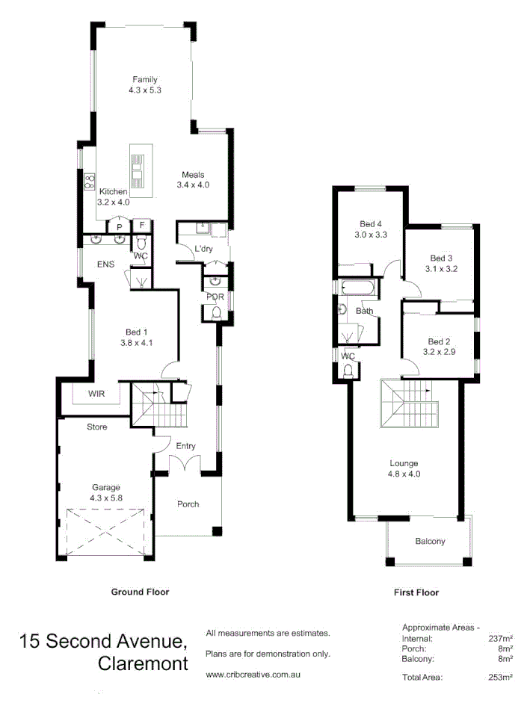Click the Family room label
pyautogui.click(x=145, y=79)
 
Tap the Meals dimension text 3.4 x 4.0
pyautogui.click(x=192, y=185)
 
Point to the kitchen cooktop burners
pyautogui.click(x=90, y=180)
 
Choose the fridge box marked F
pyautogui.click(x=142, y=226)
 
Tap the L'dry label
pyautogui.click(x=203, y=248)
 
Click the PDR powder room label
pyautogui.click(x=214, y=297)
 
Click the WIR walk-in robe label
pyautogui.click(x=96, y=392)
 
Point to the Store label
pyautogui.click(x=97, y=427)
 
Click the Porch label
pyautogui.click(x=188, y=504)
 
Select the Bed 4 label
pyautogui.click(x=370, y=224)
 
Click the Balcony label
pyautogui.click(x=430, y=542)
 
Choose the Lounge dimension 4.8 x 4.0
pyautogui.click(x=403, y=474)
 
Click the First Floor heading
pyautogui.click(x=416, y=592)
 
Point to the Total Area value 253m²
pyautogui.click(x=500, y=678)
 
